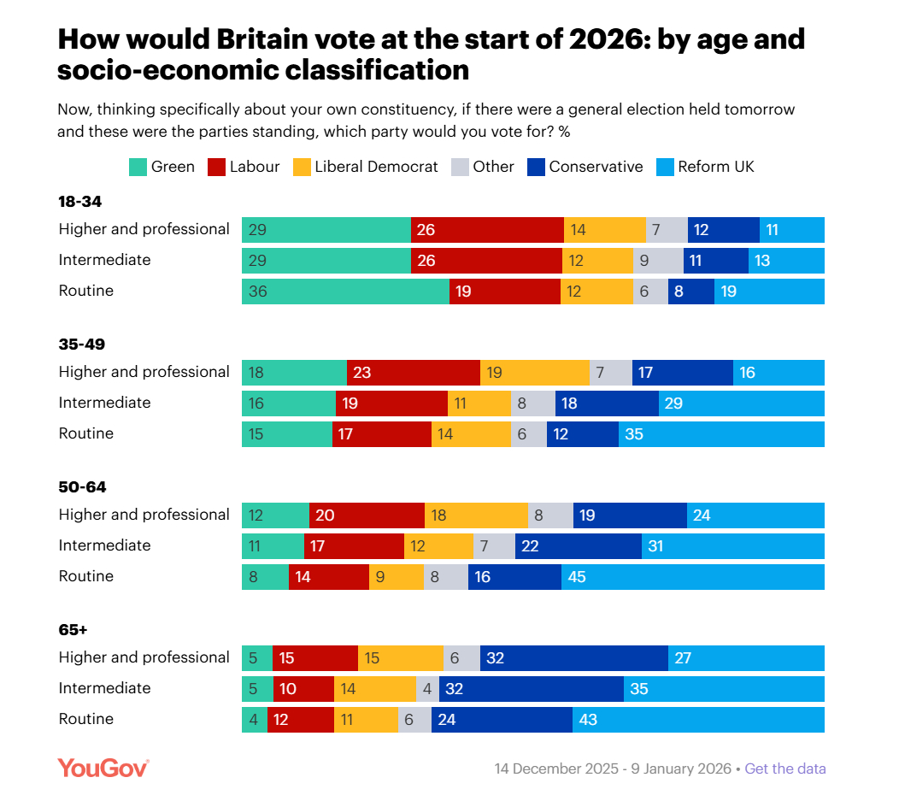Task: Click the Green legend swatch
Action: [138, 167]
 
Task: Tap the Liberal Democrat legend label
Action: [376, 167]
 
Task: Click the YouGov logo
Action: [103, 768]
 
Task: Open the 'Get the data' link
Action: [785, 769]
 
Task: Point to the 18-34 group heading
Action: [80, 203]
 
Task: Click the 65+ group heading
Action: [73, 630]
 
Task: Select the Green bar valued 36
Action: [345, 292]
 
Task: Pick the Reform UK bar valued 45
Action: [692, 577]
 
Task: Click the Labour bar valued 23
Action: [413, 373]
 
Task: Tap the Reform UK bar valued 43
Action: [698, 720]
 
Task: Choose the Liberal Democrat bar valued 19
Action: [534, 373]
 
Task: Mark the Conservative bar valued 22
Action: [578, 546]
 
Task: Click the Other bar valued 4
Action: [426, 689]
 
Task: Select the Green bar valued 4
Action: [255, 720]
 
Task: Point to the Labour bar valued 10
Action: [303, 689]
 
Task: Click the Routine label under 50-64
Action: [85, 576]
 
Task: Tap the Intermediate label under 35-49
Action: [104, 403]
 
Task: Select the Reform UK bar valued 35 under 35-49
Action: [721, 434]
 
